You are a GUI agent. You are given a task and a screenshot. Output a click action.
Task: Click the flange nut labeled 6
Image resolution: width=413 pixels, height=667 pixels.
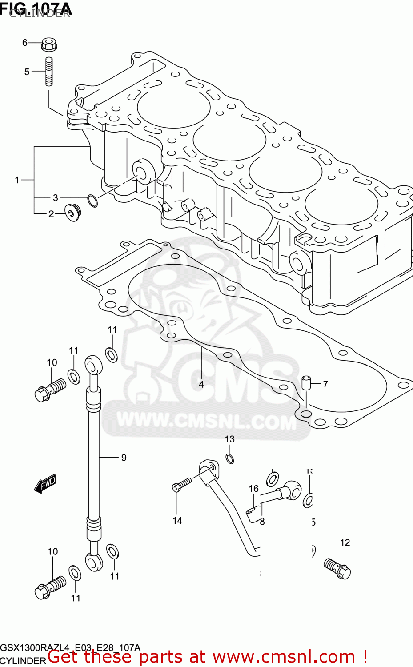(x=50, y=44)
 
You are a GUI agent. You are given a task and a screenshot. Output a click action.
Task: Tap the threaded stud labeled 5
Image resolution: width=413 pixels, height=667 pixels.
(x=49, y=71)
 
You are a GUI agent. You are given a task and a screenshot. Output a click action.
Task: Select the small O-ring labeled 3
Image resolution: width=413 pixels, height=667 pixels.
(x=92, y=201)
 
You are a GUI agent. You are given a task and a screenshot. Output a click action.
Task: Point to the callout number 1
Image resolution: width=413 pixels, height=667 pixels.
(x=17, y=180)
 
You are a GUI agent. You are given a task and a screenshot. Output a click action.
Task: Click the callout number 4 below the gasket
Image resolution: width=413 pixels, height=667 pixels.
(x=201, y=384)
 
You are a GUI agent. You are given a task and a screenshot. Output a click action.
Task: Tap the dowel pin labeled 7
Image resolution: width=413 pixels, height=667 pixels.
(x=306, y=382)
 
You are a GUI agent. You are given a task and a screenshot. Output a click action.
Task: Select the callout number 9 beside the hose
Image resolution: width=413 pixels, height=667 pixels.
(x=124, y=458)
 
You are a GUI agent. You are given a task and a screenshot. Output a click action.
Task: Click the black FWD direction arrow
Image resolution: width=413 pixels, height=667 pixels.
(x=45, y=483)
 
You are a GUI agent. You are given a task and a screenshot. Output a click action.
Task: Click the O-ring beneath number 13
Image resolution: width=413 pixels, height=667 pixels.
(x=230, y=458)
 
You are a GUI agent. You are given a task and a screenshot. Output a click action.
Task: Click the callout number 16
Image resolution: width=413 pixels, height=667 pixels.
(x=253, y=489)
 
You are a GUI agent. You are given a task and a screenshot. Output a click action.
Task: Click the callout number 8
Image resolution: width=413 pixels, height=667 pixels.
(x=262, y=522)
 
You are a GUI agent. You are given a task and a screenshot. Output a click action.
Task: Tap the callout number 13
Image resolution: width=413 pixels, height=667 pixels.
(x=229, y=439)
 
